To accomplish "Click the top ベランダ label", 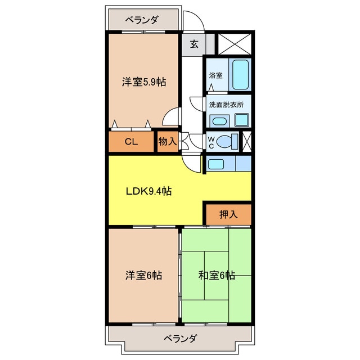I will click(x=141, y=20).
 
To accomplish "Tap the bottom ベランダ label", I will click(x=180, y=339).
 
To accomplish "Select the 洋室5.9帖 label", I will click(x=143, y=82).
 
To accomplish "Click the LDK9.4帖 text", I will click(x=148, y=191).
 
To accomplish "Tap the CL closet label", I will click(x=131, y=142).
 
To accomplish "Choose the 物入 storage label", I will click(x=167, y=142).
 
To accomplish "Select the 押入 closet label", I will click(x=228, y=214).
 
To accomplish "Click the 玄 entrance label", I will click(x=193, y=44).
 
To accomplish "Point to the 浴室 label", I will click(x=215, y=75).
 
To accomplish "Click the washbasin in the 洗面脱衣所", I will click(x=218, y=121).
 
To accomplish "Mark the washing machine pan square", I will click(x=242, y=119).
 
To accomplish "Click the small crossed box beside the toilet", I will click(x=246, y=141).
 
